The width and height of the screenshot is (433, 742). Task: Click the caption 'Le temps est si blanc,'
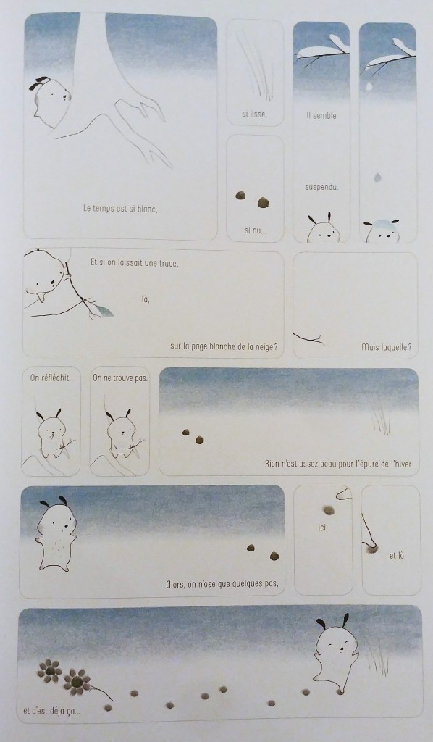coord(120,208)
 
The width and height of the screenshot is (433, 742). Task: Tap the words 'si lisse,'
coord(254,115)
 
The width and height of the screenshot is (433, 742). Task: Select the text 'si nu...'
coord(256,230)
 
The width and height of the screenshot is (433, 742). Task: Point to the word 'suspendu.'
coord(321,187)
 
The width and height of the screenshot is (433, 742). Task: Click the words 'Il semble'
coord(321,115)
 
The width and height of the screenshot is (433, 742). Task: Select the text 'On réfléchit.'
coord(50,378)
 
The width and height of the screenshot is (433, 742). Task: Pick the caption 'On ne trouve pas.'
coord(120,378)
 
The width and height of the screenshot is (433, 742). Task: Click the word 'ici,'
coord(323,527)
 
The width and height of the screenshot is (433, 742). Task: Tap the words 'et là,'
coord(398,556)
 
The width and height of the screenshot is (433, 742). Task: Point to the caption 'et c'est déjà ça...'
coord(51,711)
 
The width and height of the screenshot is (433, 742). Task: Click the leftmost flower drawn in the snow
coord(50,670)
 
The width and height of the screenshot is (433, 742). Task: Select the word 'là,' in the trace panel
coord(146,299)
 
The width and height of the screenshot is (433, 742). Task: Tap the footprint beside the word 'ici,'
coord(328,510)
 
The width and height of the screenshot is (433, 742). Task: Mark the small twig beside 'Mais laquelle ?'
coord(310,338)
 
